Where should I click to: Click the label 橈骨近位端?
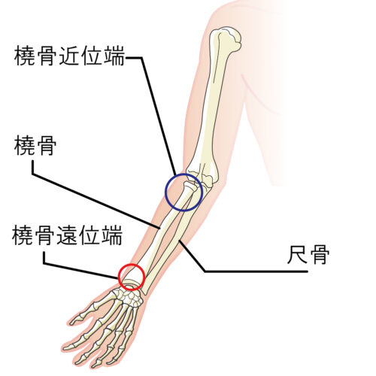(x=69, y=56)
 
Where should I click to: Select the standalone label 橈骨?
(x=35, y=145)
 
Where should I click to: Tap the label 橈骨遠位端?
(x=68, y=235)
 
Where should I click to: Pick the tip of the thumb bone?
(x=72, y=323)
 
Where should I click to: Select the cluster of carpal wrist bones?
(x=128, y=296)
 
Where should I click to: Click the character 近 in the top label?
(x=69, y=56)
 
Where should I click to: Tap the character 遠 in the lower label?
(x=68, y=235)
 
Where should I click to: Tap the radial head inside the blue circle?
(x=190, y=186)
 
